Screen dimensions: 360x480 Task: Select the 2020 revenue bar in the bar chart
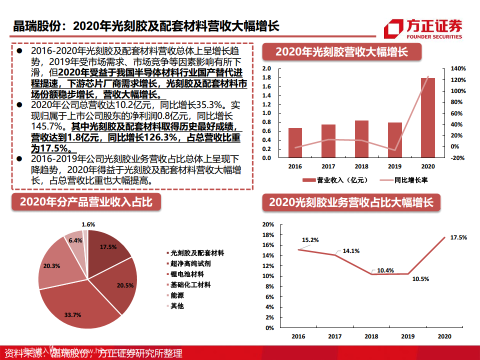(428, 117)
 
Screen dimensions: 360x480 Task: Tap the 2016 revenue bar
(295, 142)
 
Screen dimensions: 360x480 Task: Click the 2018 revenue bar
(361, 139)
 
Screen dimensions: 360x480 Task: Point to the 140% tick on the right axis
(458, 68)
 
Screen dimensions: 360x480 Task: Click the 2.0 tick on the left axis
(266, 68)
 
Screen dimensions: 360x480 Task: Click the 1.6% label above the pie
(88, 224)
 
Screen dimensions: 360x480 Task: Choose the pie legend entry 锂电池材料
(187, 274)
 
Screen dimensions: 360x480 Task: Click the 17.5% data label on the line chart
(458, 237)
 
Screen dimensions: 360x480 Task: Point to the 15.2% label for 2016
(310, 240)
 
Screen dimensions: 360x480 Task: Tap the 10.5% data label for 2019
(406, 279)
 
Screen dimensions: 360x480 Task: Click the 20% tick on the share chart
(268, 224)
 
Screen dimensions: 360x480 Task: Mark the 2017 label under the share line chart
(334, 336)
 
